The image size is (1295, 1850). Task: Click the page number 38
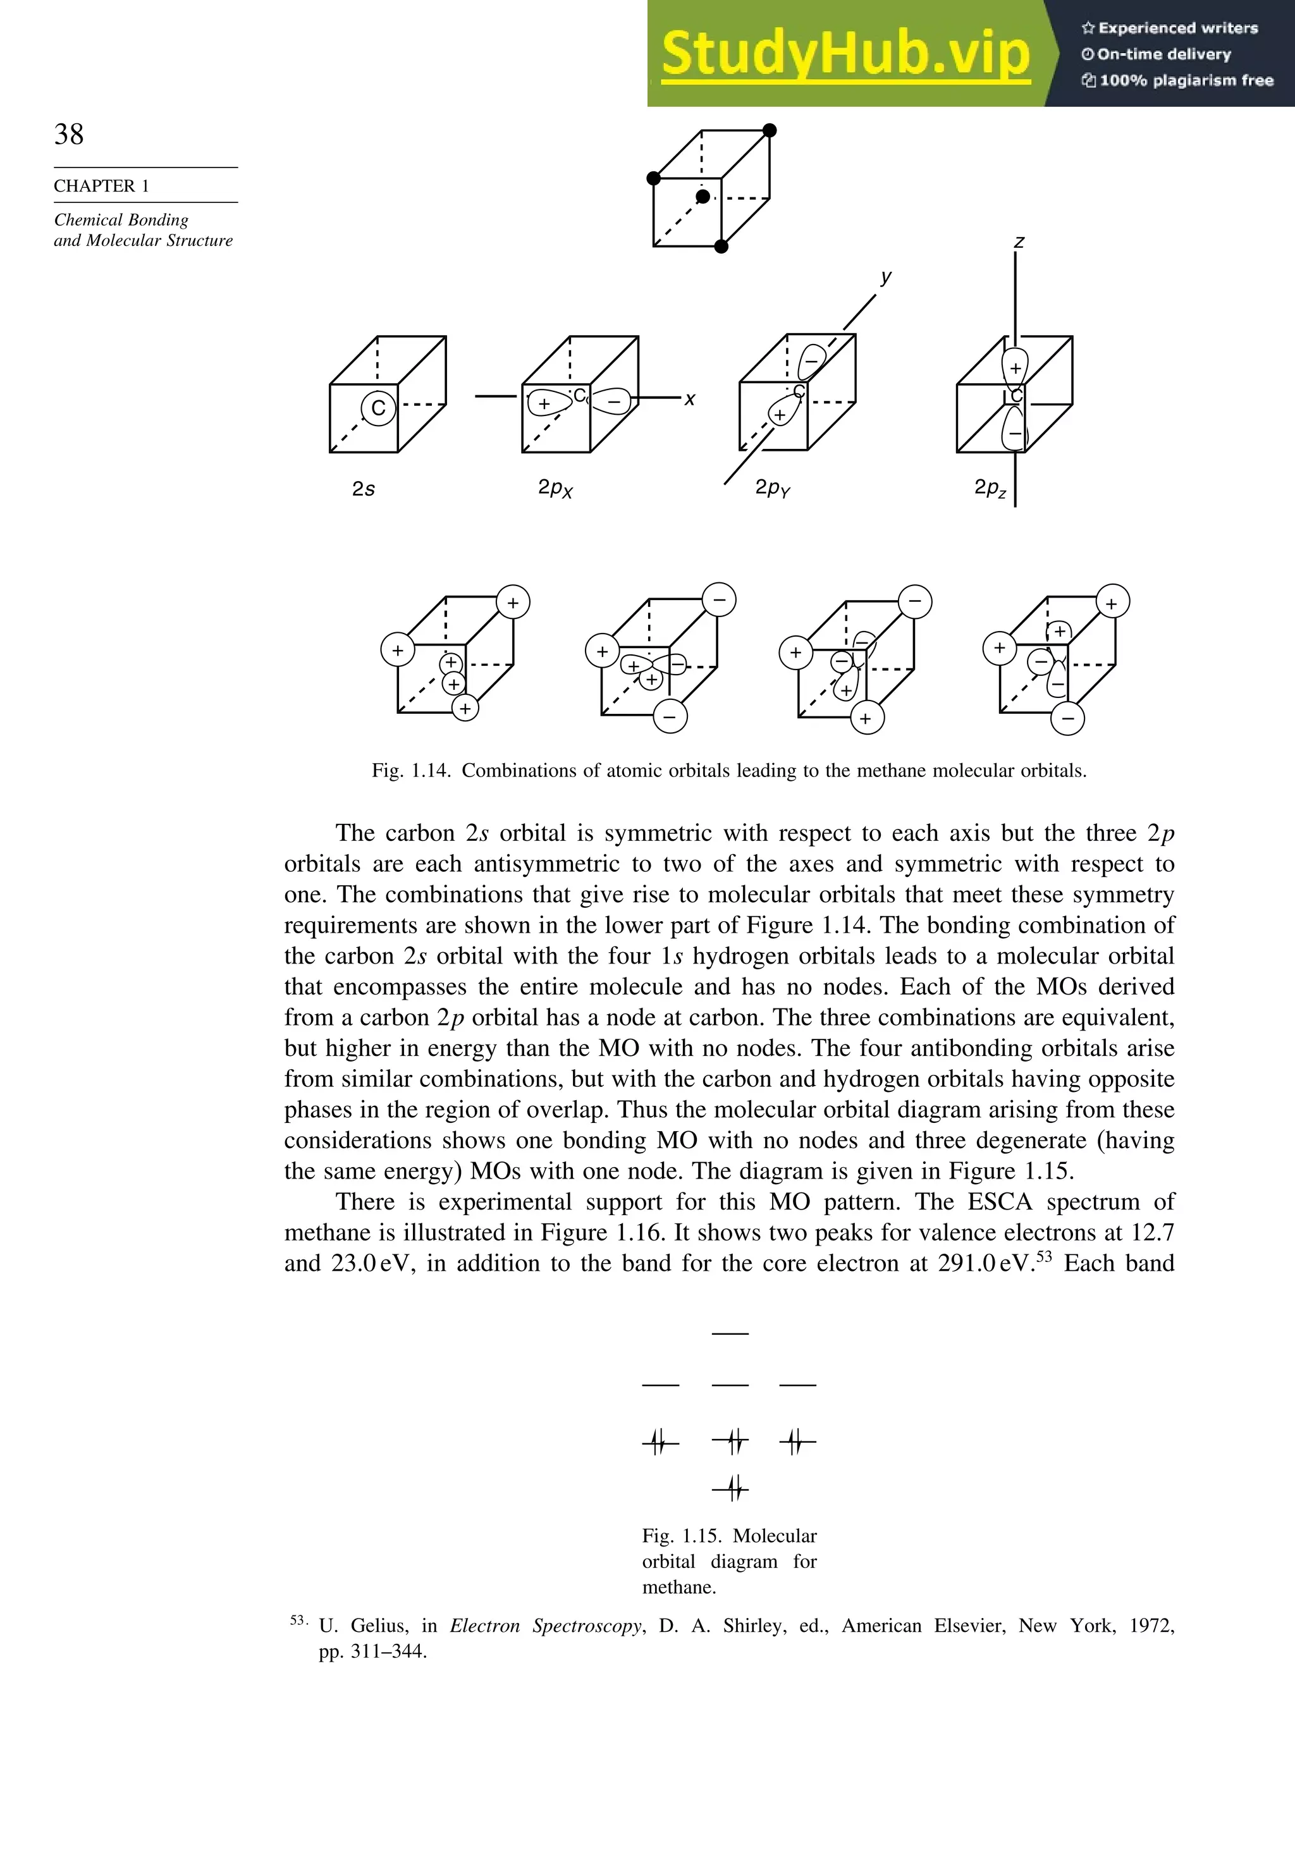click(x=68, y=135)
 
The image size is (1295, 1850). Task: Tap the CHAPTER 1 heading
click(x=102, y=186)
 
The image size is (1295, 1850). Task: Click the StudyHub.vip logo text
click(x=845, y=54)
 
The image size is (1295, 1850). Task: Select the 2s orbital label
click(x=364, y=488)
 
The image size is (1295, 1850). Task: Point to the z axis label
click(x=1019, y=242)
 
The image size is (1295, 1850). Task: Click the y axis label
click(x=887, y=277)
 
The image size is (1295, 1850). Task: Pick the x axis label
click(x=690, y=399)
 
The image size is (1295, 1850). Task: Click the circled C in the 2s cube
click(x=378, y=408)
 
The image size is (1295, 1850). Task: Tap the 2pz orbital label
click(x=990, y=487)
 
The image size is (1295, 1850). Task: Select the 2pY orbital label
click(x=772, y=488)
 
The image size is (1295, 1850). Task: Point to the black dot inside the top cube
click(x=703, y=197)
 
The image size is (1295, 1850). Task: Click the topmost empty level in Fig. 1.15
click(x=730, y=1333)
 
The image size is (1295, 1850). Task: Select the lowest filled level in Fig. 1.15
click(x=731, y=1489)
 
